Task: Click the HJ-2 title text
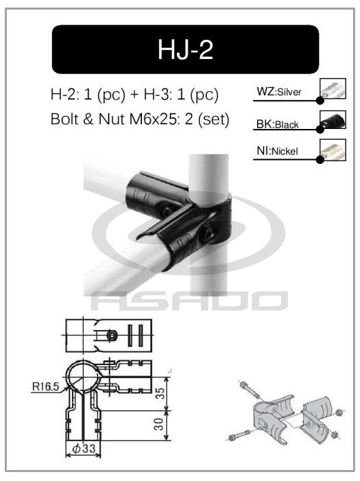[185, 49]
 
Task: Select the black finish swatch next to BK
[333, 121]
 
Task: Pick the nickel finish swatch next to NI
[333, 150]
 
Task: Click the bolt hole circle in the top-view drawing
[112, 334]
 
